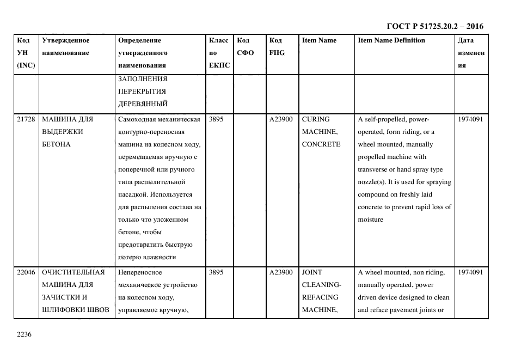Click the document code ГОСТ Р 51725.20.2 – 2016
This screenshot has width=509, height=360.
434,26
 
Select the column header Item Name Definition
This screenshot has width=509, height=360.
391,40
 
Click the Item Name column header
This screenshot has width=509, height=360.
319,40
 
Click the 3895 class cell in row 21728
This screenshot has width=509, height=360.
216,119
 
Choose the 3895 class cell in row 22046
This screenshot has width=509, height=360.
216,272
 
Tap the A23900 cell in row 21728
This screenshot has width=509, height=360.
281,119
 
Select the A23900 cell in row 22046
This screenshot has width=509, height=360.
281,272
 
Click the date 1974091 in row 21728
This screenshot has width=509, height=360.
470,119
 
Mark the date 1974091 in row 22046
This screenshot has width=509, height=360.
470,272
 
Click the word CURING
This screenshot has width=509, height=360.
315,119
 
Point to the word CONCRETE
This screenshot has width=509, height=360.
321,144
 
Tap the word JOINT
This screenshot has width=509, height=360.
312,272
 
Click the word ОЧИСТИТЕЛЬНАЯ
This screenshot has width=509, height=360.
73,272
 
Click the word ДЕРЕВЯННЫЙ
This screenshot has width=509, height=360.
143,103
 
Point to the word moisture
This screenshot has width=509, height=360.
371,219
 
